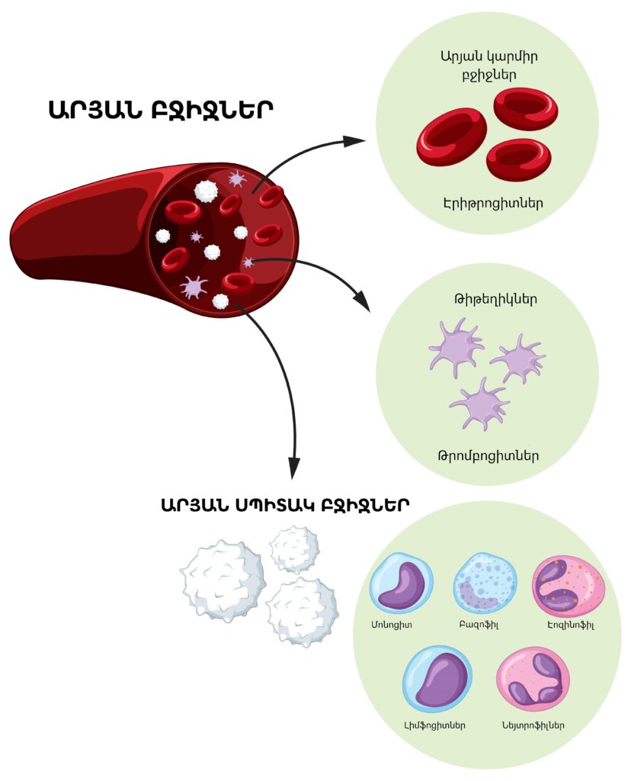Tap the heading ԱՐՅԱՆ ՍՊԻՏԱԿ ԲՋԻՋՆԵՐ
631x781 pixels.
point(285,505)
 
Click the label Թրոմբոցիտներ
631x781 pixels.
point(488,456)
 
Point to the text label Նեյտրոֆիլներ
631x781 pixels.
point(533,725)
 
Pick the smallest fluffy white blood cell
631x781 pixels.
point(295,548)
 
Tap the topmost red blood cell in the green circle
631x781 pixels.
point(526,108)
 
